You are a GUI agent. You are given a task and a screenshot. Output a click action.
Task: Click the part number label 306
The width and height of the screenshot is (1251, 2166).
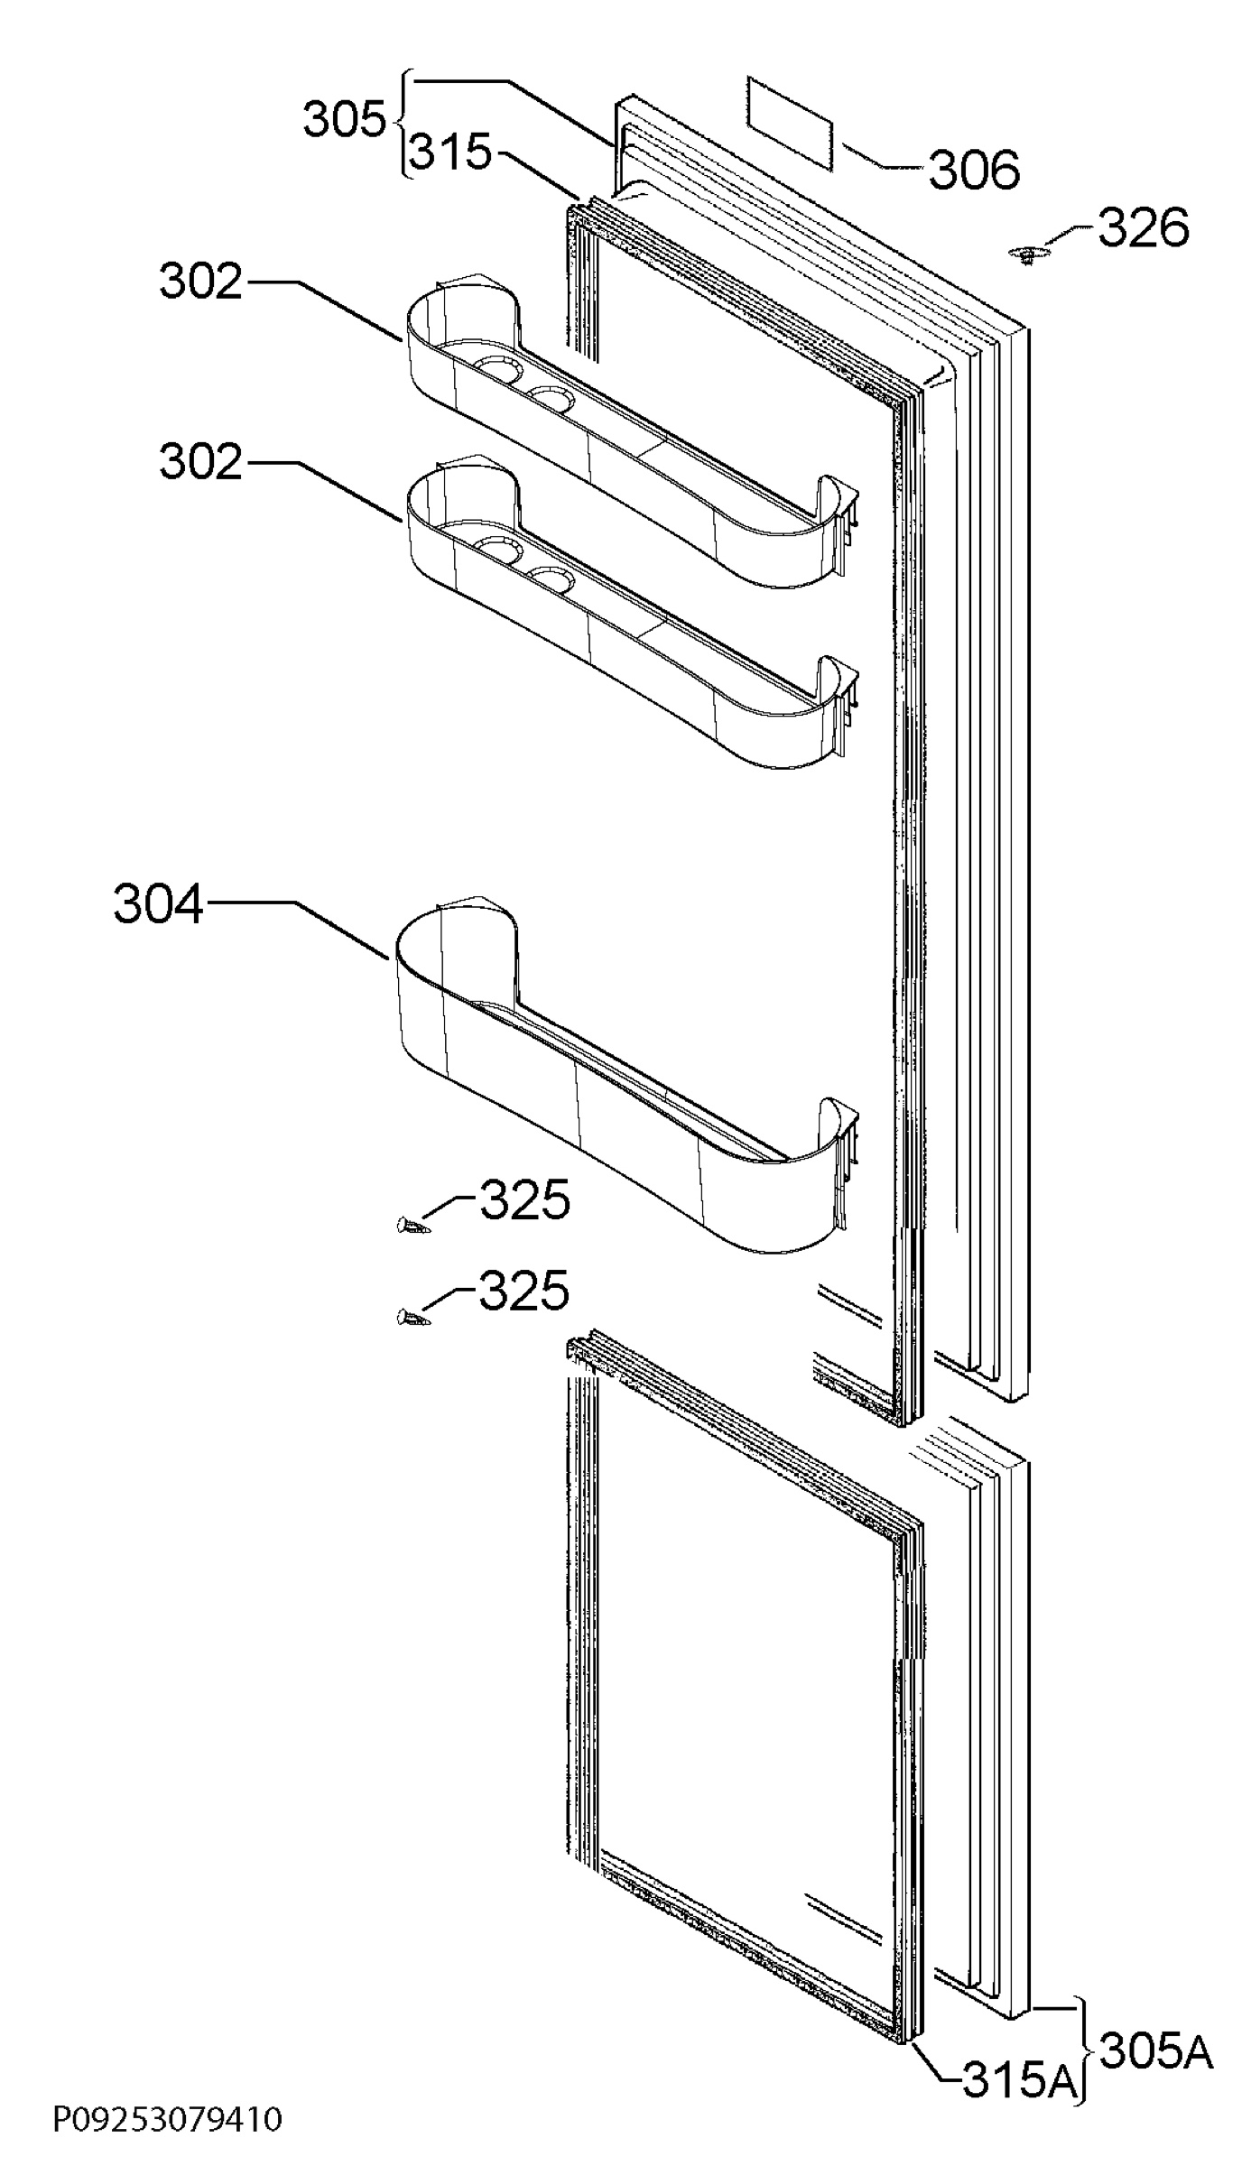[974, 169]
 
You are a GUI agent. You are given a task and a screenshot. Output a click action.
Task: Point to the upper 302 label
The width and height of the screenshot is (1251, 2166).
[201, 282]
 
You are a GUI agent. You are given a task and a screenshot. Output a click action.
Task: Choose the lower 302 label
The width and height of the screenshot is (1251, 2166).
[201, 462]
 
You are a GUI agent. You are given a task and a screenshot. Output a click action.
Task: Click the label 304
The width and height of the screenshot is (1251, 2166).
[158, 904]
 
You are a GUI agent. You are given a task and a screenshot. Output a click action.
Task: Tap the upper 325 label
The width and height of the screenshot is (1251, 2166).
[524, 1200]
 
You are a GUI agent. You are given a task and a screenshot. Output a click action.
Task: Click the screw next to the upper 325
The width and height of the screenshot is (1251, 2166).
[411, 1225]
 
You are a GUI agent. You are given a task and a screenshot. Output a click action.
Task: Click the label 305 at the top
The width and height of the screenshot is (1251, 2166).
[344, 119]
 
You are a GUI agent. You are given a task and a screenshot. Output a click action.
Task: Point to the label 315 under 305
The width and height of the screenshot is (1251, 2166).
[451, 153]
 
